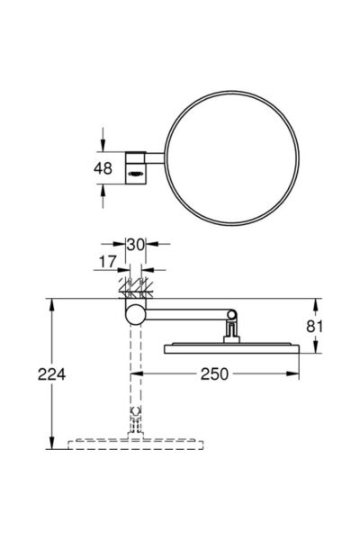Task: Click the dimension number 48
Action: tap(103, 168)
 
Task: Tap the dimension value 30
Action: tap(135, 245)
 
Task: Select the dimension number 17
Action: tap(108, 262)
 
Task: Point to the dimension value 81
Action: tap(314, 326)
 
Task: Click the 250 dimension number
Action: tap(214, 374)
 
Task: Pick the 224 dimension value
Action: tap(51, 374)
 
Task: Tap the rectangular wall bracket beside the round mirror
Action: tap(135, 167)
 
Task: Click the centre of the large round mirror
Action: tap(232, 158)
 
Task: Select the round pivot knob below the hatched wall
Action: tap(135, 315)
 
